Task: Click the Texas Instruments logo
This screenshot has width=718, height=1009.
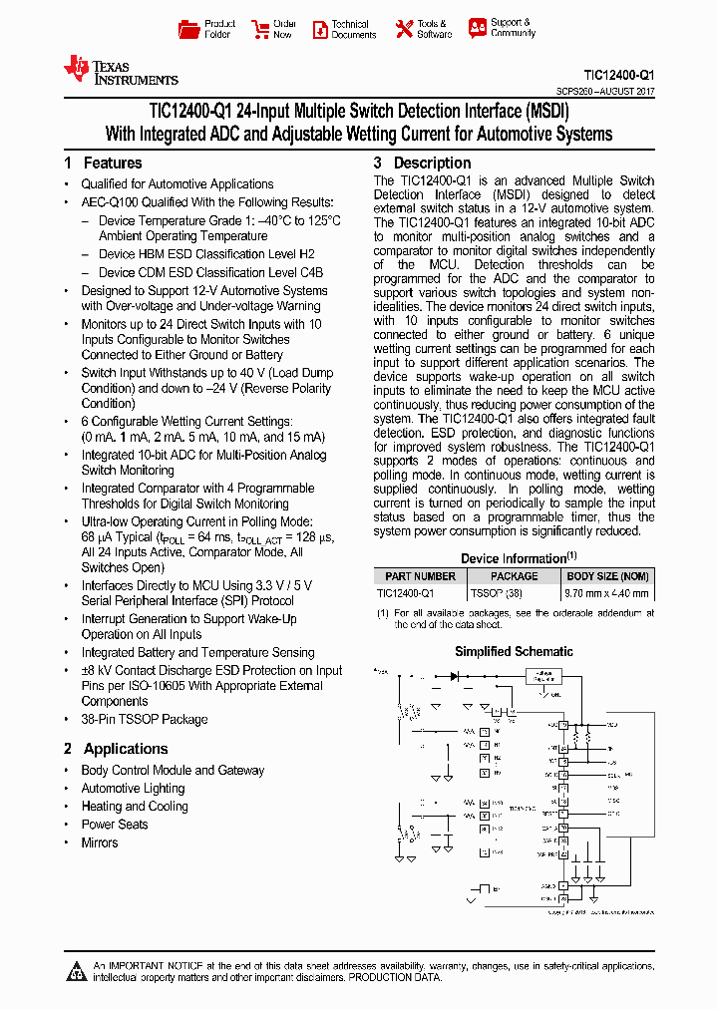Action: [x=120, y=70]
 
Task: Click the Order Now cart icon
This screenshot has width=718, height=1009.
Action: [x=260, y=29]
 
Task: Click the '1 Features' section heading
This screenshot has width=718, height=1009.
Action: [x=103, y=163]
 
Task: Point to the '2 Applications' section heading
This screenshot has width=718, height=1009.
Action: [x=116, y=749]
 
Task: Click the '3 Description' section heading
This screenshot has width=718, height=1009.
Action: [x=422, y=163]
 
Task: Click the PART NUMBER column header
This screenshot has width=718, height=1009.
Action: [x=420, y=576]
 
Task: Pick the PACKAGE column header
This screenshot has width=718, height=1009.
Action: [x=514, y=576]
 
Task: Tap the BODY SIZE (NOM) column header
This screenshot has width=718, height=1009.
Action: [x=607, y=576]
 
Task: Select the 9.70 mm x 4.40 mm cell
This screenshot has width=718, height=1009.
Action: [x=607, y=592]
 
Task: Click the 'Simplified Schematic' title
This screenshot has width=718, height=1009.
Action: [x=514, y=651]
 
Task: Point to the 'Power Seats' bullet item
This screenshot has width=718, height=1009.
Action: [x=114, y=825]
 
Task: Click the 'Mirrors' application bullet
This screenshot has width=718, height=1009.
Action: [x=99, y=842]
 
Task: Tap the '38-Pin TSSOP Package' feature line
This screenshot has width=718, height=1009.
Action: [x=144, y=719]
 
